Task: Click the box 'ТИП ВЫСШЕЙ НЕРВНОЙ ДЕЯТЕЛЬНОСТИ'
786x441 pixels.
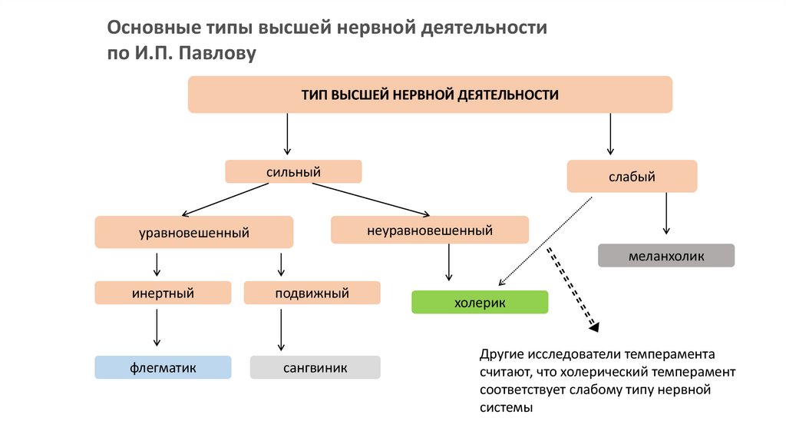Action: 430,94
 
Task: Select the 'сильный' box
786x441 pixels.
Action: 292,171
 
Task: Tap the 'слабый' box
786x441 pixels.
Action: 632,176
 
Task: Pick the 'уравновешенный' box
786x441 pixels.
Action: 193,232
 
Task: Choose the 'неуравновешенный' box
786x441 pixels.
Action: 430,230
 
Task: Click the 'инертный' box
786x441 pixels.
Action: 163,293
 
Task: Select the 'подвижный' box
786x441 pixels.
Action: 312,293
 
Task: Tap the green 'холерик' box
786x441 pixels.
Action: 480,302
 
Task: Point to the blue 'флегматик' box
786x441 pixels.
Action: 163,368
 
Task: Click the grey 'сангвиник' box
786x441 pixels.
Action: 315,368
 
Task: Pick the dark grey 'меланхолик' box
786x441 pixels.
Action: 665,255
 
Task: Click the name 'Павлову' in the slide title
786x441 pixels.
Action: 219,54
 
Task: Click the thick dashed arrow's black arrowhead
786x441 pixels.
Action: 594,327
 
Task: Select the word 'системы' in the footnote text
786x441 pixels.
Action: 505,408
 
